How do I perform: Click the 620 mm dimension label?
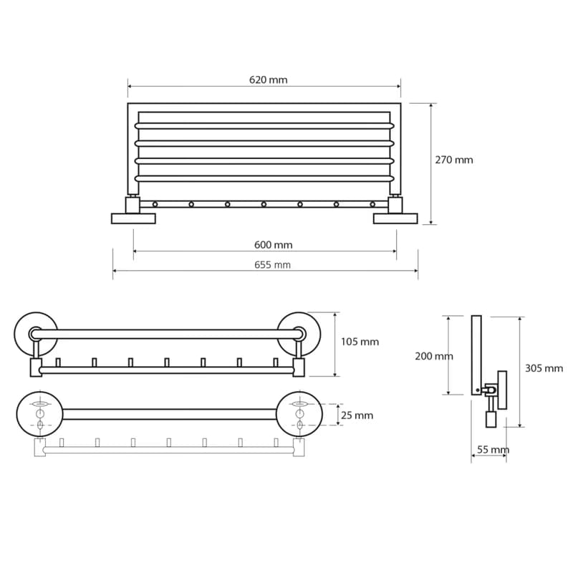[268, 80]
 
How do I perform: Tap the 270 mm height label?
[454, 160]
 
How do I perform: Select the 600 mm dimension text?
[274, 245]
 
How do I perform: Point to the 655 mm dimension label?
[273, 264]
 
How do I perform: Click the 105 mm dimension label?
[360, 342]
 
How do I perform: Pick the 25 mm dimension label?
[357, 415]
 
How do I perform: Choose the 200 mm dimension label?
[434, 356]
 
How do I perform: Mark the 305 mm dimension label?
[544, 368]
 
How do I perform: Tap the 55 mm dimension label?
[493, 450]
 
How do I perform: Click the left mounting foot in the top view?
[133, 218]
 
